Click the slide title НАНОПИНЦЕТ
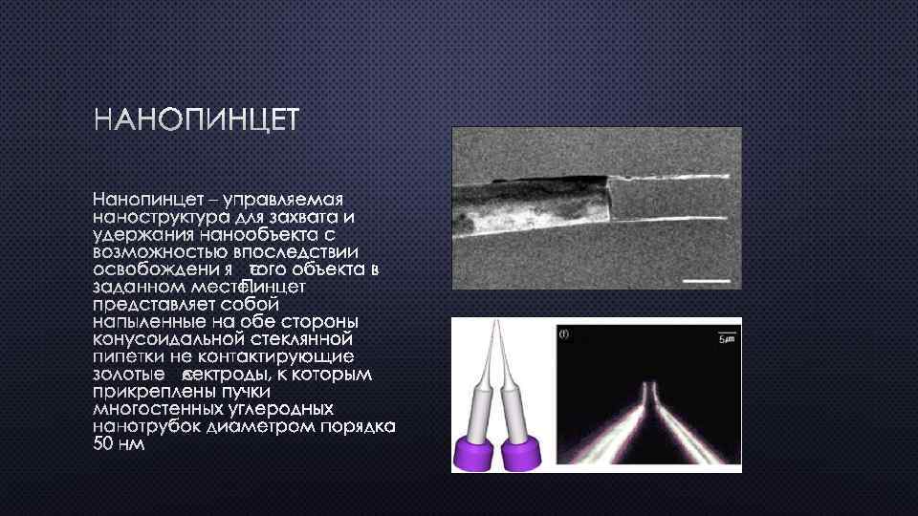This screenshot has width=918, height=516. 196,121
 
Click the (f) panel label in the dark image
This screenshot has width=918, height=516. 564,334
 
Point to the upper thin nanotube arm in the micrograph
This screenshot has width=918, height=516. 669,179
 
